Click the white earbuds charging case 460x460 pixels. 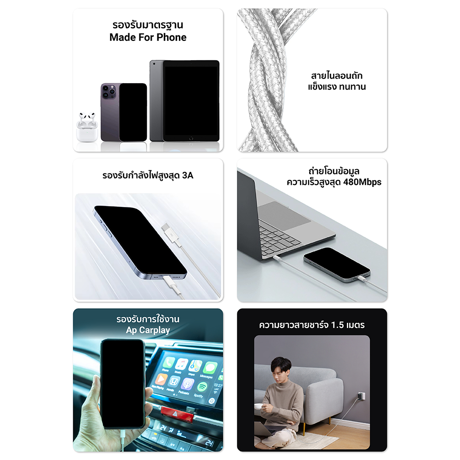(x=87, y=127)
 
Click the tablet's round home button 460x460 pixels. (x=191, y=138)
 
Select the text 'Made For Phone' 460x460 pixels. (x=148, y=38)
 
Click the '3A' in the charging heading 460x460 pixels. (x=188, y=175)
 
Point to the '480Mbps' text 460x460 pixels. (x=362, y=182)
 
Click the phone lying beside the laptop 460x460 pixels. (x=337, y=264)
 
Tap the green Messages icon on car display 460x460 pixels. (x=210, y=368)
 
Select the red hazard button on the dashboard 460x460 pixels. (x=176, y=414)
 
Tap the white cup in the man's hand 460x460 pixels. (x=259, y=406)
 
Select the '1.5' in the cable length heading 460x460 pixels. (x=337, y=325)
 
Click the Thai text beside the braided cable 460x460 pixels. (x=337, y=81)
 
